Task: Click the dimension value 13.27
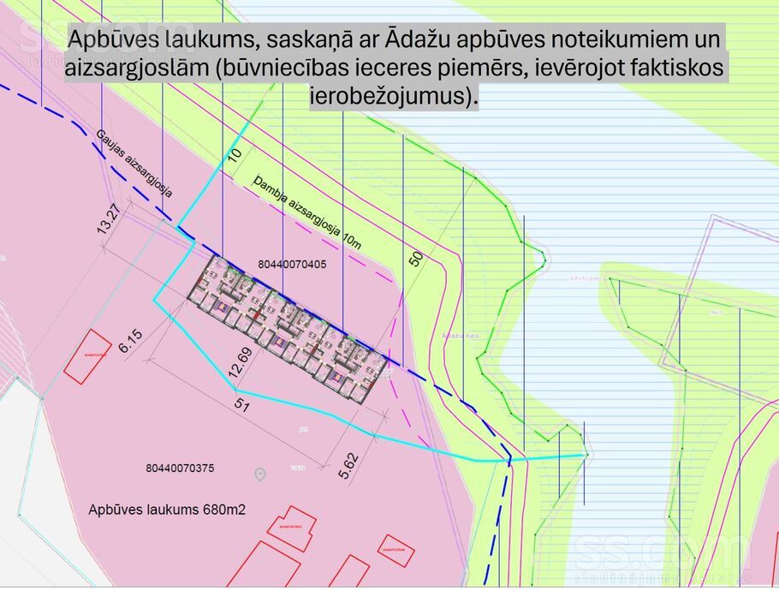click(x=106, y=218)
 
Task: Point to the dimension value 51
click(x=241, y=406)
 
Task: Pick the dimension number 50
click(x=416, y=259)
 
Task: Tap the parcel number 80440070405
click(x=291, y=265)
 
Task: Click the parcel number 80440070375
click(x=180, y=469)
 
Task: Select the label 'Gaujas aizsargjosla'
click(x=134, y=164)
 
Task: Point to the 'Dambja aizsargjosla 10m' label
click(x=307, y=212)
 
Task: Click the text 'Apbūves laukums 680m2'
click(x=167, y=510)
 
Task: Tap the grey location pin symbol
click(x=260, y=474)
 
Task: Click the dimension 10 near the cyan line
click(x=235, y=155)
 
